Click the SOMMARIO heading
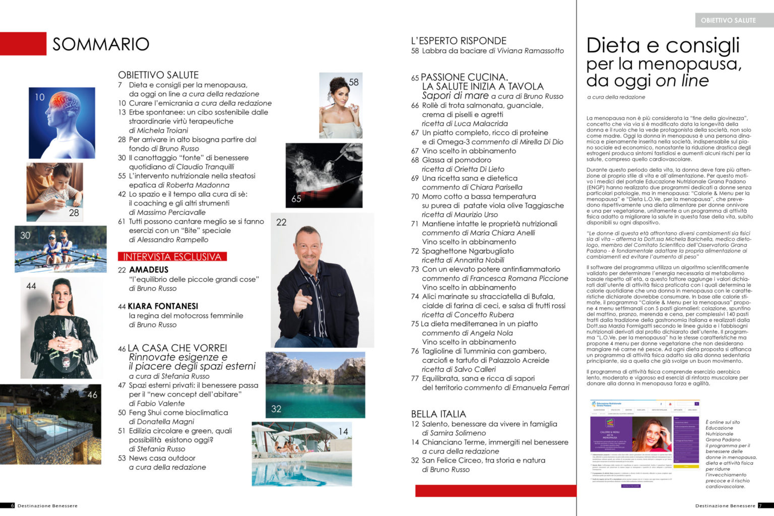click(x=101, y=44)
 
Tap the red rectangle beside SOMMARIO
click(x=23, y=44)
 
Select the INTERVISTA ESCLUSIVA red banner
click(x=172, y=256)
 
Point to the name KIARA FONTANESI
click(x=163, y=306)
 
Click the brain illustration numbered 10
click(x=62, y=123)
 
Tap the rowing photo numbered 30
click(x=60, y=249)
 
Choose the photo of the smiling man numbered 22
click(x=322, y=280)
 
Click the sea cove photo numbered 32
click(x=315, y=385)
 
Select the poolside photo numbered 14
click(x=301, y=454)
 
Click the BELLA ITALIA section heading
click(x=438, y=414)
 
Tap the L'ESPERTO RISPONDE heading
click(x=459, y=41)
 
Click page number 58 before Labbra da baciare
click(x=415, y=51)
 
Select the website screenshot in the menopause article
click(x=644, y=443)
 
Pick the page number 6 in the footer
click(x=13, y=505)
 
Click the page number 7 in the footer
click(x=760, y=505)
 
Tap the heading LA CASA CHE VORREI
click(x=177, y=348)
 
